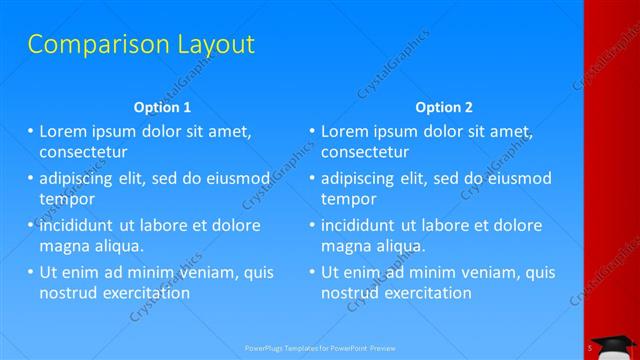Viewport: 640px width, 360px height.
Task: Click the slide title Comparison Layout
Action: pos(140,44)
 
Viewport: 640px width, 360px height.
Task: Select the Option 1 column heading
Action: pos(161,107)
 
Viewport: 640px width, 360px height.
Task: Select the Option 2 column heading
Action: pos(444,107)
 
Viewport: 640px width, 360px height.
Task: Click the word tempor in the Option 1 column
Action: pos(65,198)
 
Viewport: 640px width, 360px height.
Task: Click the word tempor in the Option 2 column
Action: pos(347,198)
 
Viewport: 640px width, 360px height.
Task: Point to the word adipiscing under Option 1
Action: pos(79,178)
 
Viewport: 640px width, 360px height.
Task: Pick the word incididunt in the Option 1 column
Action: pos(81,225)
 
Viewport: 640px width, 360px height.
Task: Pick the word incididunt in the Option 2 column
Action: pos(363,225)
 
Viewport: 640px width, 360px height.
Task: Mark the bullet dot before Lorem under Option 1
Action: pos(30,131)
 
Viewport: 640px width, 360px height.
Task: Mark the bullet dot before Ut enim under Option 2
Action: pos(312,272)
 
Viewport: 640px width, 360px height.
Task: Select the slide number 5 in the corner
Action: pos(591,347)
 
